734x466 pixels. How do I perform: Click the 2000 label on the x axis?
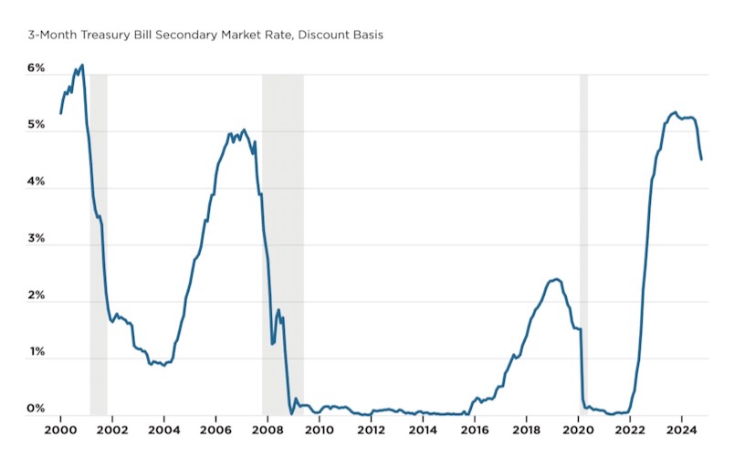60,430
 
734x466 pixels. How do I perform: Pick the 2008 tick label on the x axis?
267,430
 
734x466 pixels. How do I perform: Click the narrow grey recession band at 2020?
583,237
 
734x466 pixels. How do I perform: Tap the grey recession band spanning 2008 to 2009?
283,237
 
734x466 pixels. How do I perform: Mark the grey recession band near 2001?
98,237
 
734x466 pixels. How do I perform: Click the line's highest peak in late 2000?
82,66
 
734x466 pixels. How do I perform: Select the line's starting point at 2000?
60,113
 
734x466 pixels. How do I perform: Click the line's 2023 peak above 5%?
674,112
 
